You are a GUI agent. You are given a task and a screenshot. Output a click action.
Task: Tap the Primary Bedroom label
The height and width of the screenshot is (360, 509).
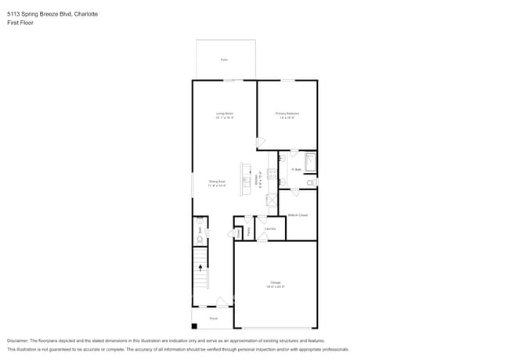pos(287,113)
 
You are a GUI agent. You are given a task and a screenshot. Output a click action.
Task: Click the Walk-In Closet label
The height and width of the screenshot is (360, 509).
pos(298,214)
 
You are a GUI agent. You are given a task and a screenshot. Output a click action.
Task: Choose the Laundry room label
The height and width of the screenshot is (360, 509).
pos(269,229)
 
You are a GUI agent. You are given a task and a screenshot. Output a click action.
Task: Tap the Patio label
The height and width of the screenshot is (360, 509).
pos(224,59)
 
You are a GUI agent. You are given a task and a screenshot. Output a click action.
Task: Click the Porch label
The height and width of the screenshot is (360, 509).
pos(214,319)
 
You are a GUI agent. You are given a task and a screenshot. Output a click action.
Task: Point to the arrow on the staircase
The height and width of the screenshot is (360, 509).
pos(200,267)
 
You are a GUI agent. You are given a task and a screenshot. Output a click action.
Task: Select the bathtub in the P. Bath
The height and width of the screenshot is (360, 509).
pos(309,163)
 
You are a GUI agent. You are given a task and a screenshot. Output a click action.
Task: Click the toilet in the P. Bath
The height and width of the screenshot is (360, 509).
pos(311,182)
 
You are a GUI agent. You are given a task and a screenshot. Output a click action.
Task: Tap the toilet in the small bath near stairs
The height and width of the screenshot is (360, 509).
pos(200,239)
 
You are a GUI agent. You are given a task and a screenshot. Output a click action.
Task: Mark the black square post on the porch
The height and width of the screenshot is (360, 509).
pos(194,325)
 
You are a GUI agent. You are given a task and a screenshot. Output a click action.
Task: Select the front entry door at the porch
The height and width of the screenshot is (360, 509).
pos(222,302)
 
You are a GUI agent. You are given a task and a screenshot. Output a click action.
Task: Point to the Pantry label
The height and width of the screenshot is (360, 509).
pos(249,232)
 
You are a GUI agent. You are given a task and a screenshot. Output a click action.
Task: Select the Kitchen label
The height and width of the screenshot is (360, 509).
pos(258,180)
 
